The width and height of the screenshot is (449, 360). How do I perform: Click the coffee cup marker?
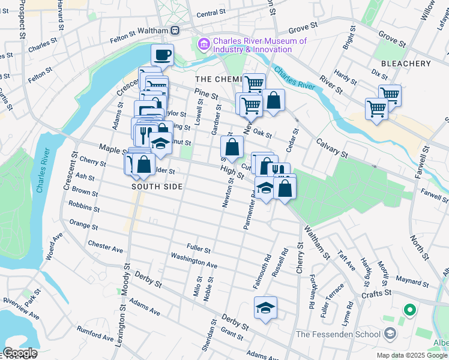(162, 56)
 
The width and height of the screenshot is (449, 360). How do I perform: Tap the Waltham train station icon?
(175, 30)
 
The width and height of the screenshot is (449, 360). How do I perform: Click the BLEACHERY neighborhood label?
(406, 64)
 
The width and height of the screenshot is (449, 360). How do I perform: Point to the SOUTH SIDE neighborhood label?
(157, 187)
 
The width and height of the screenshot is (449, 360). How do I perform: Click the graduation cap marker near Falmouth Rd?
(265, 308)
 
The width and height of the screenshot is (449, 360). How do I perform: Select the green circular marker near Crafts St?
(410, 310)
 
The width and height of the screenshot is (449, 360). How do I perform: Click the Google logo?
(19, 353)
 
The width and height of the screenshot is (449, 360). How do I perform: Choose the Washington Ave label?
(194, 259)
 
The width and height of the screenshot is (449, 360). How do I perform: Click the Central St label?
(210, 14)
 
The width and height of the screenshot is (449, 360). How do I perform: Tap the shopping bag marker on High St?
(232, 147)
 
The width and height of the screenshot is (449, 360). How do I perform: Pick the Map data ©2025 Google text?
(411, 355)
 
